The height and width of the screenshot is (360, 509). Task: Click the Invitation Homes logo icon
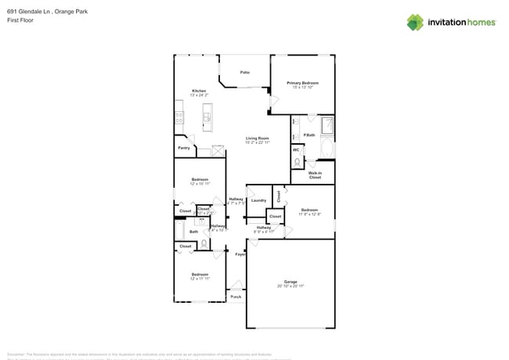click(x=415, y=22)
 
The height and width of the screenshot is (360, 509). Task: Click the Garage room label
click(x=291, y=282)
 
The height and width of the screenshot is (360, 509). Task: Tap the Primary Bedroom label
click(x=302, y=82)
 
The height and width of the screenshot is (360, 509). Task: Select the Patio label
click(x=245, y=72)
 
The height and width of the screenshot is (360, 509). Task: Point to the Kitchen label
click(x=200, y=91)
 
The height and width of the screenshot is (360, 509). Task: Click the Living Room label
click(x=257, y=139)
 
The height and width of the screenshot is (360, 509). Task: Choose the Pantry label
click(x=183, y=147)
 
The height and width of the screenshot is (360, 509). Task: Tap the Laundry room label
click(x=258, y=200)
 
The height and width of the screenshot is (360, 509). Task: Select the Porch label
click(x=236, y=297)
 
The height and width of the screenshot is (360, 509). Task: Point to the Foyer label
click(x=240, y=254)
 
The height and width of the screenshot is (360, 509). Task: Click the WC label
click(x=296, y=149)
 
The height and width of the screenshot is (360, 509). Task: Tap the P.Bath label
click(x=309, y=135)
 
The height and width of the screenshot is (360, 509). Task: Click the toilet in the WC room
click(x=297, y=162)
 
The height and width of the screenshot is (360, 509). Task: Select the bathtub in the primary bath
click(x=327, y=148)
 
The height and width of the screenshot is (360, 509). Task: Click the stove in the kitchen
click(x=179, y=118)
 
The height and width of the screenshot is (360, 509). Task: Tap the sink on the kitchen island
click(x=207, y=119)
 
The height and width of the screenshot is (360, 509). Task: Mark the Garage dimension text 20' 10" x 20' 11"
click(x=291, y=287)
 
